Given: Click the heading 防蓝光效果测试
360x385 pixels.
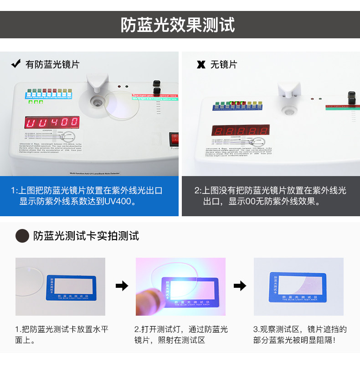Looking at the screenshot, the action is point(178,25).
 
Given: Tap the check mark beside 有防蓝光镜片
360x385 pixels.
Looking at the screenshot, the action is point(16,64).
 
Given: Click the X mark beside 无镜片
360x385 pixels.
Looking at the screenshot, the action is point(201,64).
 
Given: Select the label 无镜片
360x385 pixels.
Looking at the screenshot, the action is point(223,64).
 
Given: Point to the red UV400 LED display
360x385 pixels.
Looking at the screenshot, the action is point(52,122).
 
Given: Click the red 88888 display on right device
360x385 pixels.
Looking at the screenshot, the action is point(240,130).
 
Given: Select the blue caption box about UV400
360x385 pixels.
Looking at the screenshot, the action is point(89,196).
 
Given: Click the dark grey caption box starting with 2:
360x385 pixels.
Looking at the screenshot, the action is point(271,196).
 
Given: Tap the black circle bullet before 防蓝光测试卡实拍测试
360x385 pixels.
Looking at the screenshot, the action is point(22,236).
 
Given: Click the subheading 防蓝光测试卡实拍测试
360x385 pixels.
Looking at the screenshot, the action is point(86,236).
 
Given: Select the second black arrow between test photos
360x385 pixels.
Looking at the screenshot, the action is point(240,286).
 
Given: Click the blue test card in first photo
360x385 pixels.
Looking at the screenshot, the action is point(70,288).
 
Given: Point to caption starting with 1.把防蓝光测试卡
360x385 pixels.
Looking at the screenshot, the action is point(62,334).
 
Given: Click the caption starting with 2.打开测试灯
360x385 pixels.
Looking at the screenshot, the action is point(180,334).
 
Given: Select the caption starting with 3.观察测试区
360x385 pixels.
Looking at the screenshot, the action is point(299,334).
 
